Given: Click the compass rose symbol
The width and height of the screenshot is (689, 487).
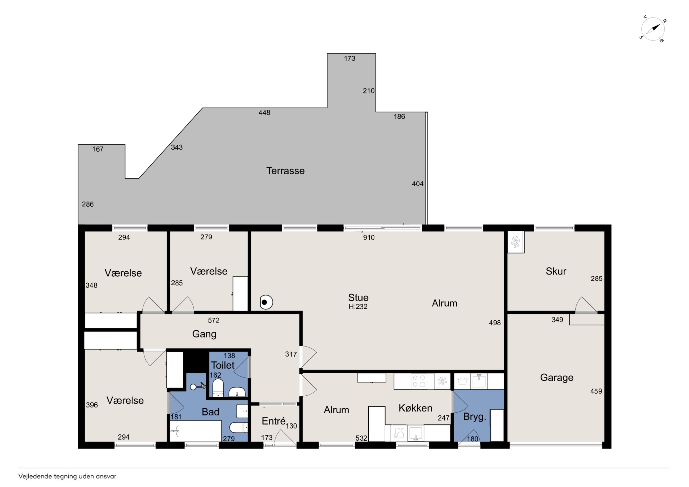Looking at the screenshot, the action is pos(653,29).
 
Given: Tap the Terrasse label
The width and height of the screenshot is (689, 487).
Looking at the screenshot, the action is pos(285,171).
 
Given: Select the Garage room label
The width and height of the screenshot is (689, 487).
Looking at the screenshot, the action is pos(557,378).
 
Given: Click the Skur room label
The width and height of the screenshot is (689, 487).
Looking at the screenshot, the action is pos(556,271).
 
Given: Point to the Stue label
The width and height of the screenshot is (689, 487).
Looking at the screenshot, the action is pos(358,297).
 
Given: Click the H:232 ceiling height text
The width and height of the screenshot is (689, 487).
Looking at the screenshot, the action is pos(358,307).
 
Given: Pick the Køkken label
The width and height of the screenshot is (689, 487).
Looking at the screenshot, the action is pos(415,408).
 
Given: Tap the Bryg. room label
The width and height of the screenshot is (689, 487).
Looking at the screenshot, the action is pos(474,417).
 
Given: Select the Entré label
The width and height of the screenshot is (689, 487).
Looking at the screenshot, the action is pos(273,421).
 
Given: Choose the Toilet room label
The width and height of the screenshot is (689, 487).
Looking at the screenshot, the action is pos(223,365).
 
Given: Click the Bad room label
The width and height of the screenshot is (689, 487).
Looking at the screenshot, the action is pos(210,412).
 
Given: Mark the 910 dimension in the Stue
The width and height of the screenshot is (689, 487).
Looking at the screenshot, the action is pos(369,238).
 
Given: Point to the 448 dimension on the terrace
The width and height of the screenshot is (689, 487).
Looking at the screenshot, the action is pos(264,113).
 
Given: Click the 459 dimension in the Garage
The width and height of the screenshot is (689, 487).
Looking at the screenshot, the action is pos(596,391).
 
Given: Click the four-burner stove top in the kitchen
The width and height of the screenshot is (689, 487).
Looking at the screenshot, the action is pos(419,381).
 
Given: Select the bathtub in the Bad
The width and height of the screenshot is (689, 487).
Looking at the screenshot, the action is pos(195,431).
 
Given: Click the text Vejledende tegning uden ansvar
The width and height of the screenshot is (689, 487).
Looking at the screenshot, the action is pos(67,476).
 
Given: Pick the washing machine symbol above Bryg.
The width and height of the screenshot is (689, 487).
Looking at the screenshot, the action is pos(462,381).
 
